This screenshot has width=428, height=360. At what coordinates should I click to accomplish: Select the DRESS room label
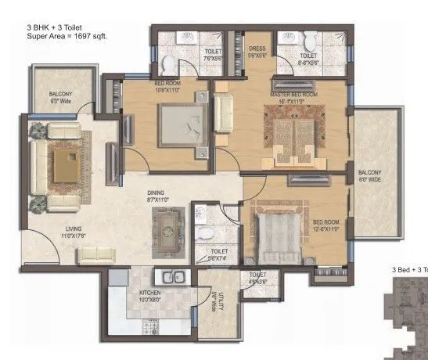[257, 52]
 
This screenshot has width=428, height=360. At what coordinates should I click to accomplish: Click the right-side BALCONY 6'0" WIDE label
[370, 176]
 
